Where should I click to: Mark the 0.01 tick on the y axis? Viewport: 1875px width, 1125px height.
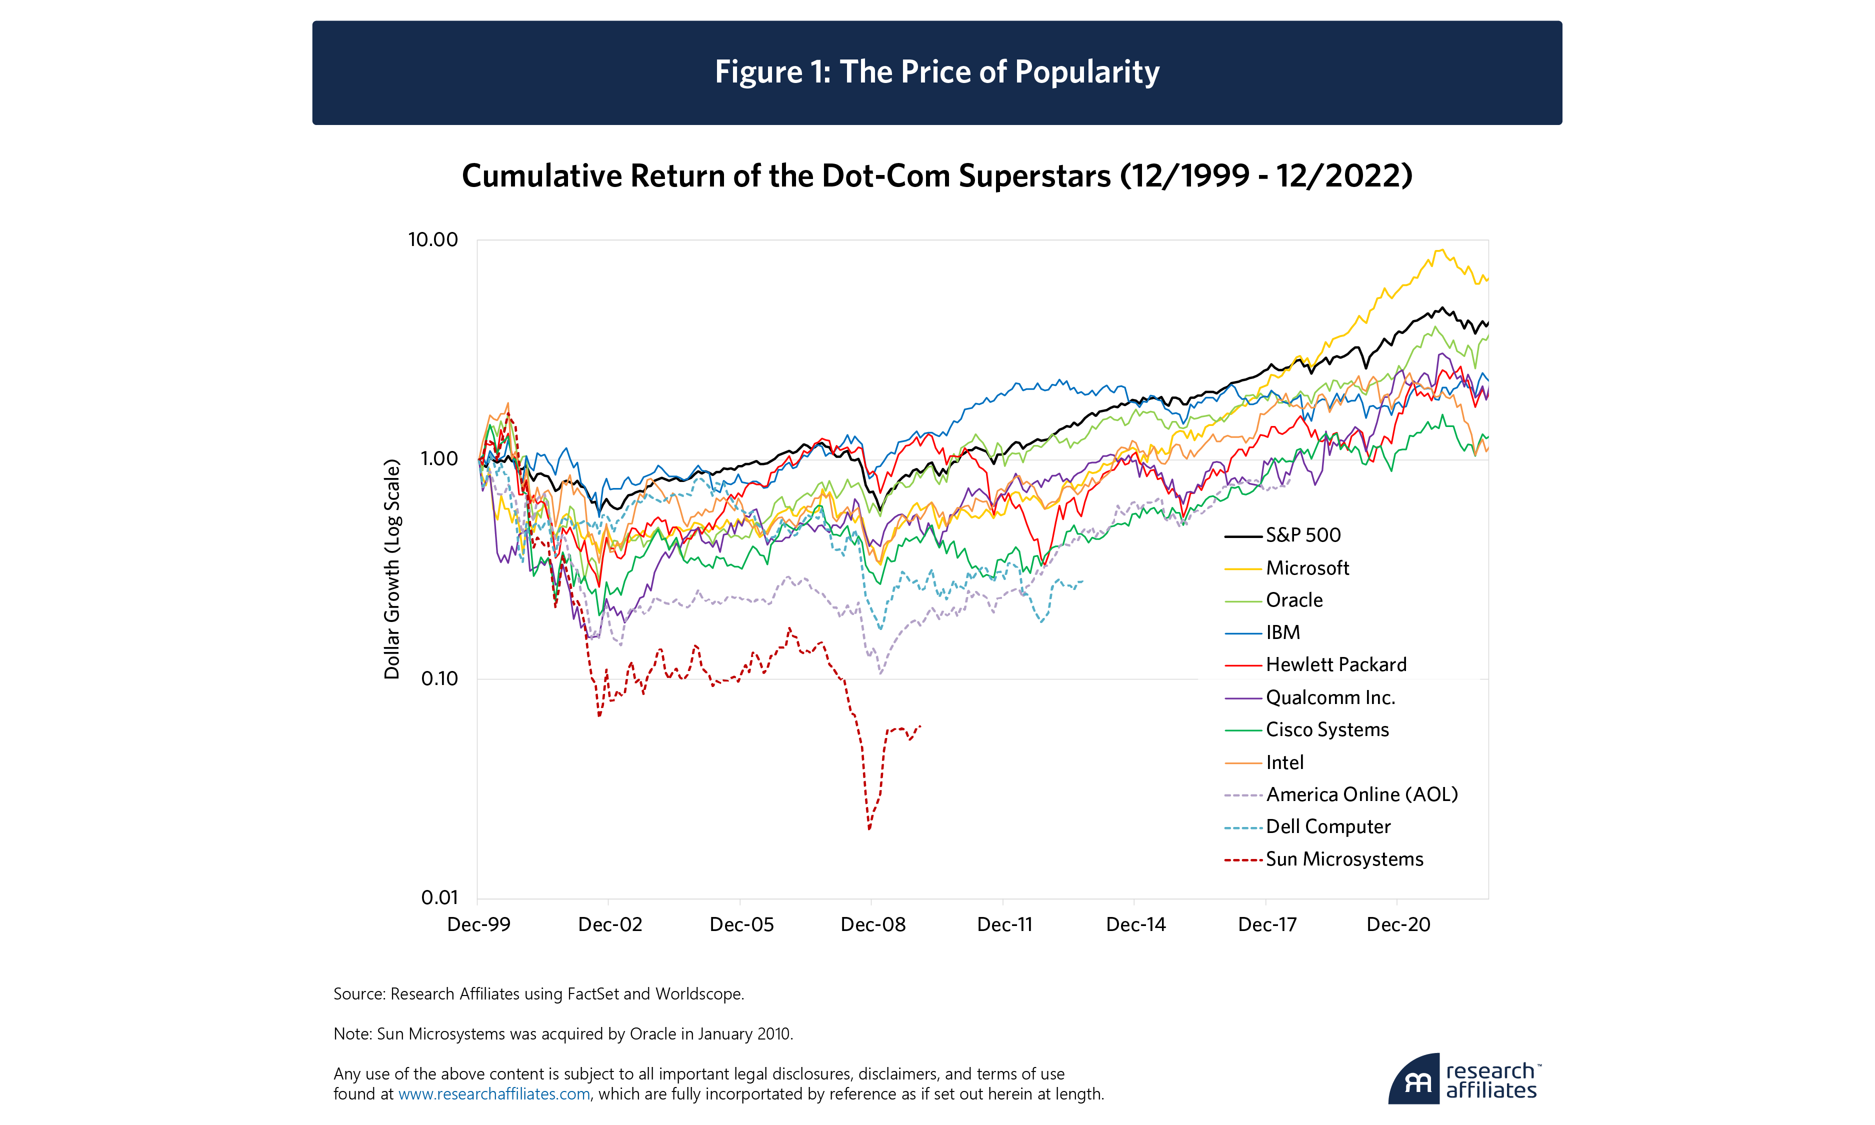coord(439,897)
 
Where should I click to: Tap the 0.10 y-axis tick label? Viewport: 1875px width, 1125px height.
coord(439,678)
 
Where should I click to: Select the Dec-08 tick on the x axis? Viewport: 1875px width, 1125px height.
coord(873,925)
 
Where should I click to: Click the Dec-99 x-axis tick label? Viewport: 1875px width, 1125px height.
coord(479,925)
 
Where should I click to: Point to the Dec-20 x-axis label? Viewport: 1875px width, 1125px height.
coord(1398,925)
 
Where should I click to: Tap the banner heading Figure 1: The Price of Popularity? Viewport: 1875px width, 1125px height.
coord(936,72)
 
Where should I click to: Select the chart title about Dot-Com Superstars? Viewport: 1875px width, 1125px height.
coord(936,176)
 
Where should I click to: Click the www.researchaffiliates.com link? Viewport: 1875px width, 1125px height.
coord(494,1094)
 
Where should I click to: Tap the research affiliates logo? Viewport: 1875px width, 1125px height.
coord(1464,1079)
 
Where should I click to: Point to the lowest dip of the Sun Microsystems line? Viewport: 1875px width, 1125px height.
coord(869,828)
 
